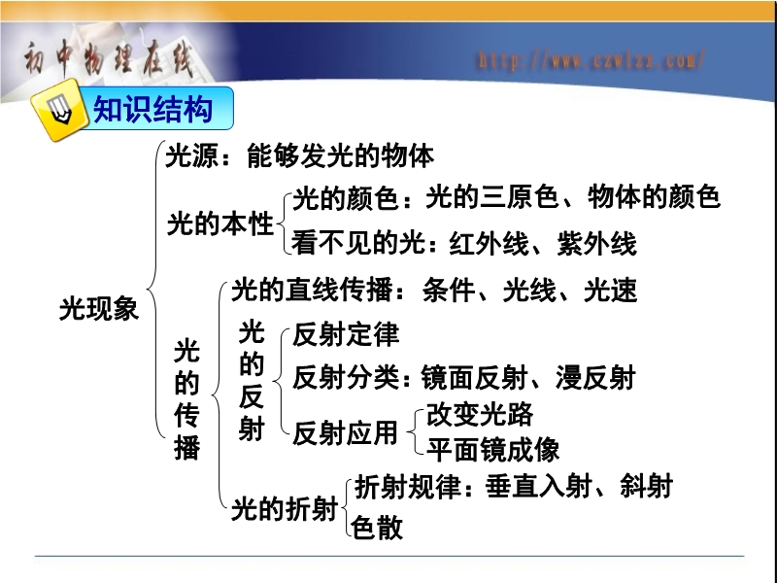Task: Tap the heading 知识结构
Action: coord(152,109)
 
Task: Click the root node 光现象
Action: coord(99,308)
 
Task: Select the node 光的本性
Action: coord(220,223)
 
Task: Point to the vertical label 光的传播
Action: coord(186,399)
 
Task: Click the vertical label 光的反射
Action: coord(252,381)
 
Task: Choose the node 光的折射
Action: coord(285,508)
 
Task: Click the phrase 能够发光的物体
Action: coord(341,155)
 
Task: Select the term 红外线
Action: coord(489,244)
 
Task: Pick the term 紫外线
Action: coord(596,244)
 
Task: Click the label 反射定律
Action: coord(346,334)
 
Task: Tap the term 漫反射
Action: coord(595,378)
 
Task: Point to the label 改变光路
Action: coord(480,414)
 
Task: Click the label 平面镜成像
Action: coord(493,450)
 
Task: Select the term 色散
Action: coord(377,527)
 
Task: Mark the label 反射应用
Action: coord(346,432)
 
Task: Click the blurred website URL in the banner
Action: coord(591,60)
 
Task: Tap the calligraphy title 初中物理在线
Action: coord(108,60)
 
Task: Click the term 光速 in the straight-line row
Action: coord(611,290)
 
